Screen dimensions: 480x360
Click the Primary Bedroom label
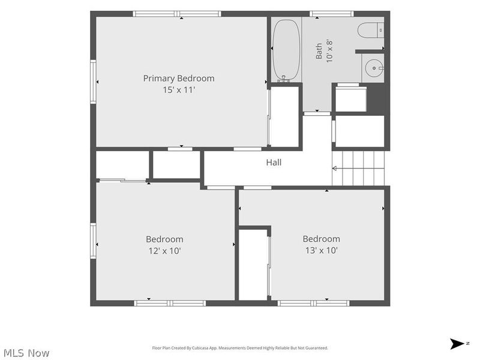[x=179, y=79]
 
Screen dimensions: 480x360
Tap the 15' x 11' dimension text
[x=179, y=90]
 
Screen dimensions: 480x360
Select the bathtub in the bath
[x=286, y=50]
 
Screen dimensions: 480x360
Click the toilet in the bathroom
[x=371, y=30]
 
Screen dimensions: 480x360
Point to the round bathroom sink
[x=374, y=68]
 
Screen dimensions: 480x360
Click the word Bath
[x=319, y=51]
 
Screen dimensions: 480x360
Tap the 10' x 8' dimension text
[x=329, y=51]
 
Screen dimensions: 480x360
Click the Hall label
[x=274, y=162]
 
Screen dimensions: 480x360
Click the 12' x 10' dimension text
[x=164, y=251]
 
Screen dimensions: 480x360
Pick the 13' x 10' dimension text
[x=322, y=250]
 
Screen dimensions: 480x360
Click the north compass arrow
[x=457, y=343]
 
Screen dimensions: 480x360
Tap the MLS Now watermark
[x=26, y=353]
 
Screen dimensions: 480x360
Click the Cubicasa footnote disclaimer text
[x=240, y=348]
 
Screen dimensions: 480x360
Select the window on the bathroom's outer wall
[x=332, y=14]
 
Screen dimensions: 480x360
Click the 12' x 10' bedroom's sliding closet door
[x=122, y=181]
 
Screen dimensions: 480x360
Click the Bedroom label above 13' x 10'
[x=322, y=239]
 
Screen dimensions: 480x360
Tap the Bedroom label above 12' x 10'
[x=164, y=239]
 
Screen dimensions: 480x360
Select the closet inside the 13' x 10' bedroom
[x=253, y=265]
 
